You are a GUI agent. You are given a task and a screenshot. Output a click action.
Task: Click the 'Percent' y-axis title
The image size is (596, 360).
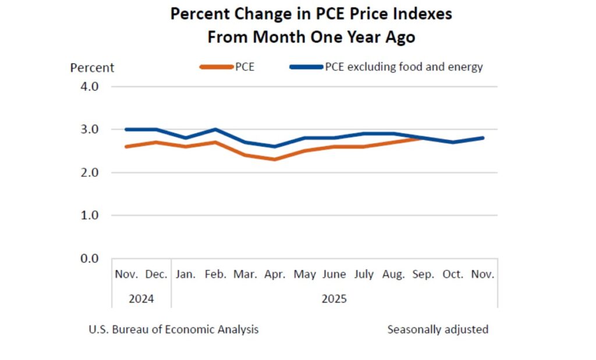pos(92,67)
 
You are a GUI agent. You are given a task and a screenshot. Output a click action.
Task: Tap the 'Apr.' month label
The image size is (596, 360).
pos(274,275)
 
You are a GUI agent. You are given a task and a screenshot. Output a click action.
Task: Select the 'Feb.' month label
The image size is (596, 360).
pos(216,275)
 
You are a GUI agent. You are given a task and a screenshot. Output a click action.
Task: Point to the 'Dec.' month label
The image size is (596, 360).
pos(156,275)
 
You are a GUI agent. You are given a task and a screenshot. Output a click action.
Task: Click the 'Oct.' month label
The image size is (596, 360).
pos(453,275)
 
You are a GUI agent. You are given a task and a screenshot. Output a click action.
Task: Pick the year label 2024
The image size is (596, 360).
pos(141,299)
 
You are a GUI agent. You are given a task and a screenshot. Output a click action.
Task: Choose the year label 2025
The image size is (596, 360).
pos(334,299)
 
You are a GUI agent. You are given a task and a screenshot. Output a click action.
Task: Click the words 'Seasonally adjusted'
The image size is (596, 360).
pos(438,330)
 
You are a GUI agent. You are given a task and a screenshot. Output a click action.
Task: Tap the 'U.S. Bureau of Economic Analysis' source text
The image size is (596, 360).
pos(173,330)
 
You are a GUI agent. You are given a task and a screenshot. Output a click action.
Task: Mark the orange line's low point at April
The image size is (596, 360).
pos(274,159)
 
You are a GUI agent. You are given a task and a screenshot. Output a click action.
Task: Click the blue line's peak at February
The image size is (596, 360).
pos(216,129)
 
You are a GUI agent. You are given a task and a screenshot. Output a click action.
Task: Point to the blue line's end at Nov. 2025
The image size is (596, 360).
pos(483,138)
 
